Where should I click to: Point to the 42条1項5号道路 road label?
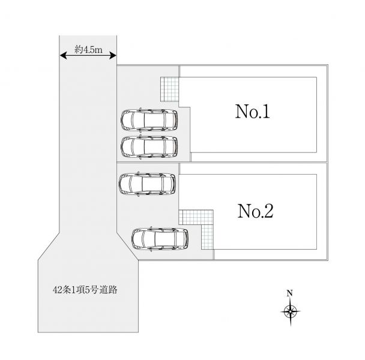point(85,290)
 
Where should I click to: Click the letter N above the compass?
point(289,293)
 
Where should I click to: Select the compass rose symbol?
point(290,310)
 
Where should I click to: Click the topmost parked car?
point(149,119)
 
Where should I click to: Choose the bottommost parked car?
point(160,238)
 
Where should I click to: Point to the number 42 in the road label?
point(57,290)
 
